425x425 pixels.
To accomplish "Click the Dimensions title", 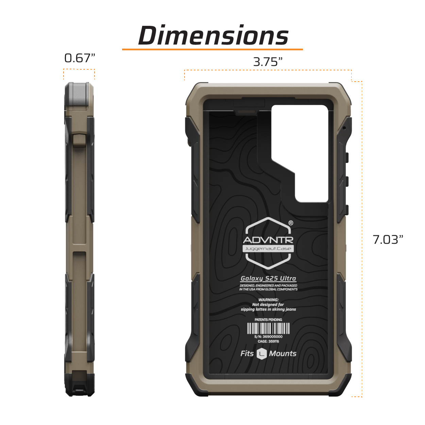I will pyautogui.click(x=213, y=36).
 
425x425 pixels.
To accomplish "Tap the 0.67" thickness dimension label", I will pyautogui.click(x=80, y=58).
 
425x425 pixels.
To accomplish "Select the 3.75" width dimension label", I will pyautogui.click(x=268, y=62).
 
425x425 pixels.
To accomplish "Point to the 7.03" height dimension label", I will pyautogui.click(x=388, y=240).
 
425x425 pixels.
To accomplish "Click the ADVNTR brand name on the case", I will pyautogui.click(x=268, y=240).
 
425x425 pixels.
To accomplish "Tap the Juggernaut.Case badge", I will pyautogui.click(x=268, y=249).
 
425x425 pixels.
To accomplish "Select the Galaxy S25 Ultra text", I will pyautogui.click(x=268, y=278).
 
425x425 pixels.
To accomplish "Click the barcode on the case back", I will pyautogui.click(x=268, y=328).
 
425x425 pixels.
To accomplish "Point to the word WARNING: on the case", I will pyautogui.click(x=268, y=300).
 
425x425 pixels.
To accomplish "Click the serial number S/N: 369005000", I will pyautogui.click(x=268, y=337).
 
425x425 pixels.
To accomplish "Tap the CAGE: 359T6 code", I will pyautogui.click(x=268, y=341).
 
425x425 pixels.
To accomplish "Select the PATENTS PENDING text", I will pyautogui.click(x=268, y=320).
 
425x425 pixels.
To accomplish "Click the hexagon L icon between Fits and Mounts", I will pyautogui.click(x=261, y=354).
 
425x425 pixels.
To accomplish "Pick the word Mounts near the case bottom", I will pyautogui.click(x=283, y=354).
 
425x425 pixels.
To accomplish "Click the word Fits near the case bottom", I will pyautogui.click(x=247, y=354).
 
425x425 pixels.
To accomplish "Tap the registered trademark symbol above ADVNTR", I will pyautogui.click(x=291, y=223).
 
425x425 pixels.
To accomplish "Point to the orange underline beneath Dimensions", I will pyautogui.click(x=212, y=50).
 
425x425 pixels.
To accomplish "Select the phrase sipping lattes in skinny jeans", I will pyautogui.click(x=268, y=309).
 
